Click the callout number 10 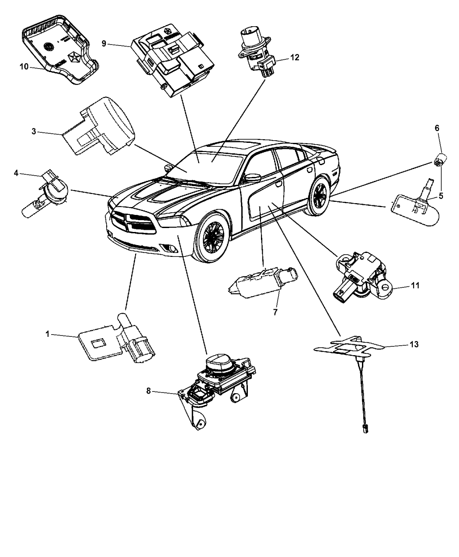24,67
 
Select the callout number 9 104,44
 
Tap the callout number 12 295,57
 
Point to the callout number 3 34,131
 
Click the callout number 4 16,173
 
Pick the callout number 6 437,128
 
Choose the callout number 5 441,196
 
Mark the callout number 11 415,286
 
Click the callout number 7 275,312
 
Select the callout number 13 414,344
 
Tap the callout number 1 48,334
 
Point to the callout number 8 149,391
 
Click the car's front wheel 213,237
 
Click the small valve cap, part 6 440,161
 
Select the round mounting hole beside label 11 385,287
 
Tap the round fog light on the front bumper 172,249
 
